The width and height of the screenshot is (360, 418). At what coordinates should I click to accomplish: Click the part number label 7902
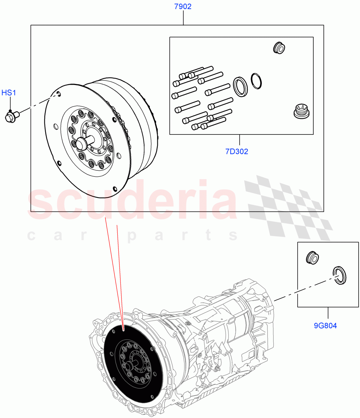coord(183,7)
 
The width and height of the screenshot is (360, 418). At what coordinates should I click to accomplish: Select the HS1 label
coord(9,93)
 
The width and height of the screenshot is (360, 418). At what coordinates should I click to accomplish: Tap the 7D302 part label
coord(237,152)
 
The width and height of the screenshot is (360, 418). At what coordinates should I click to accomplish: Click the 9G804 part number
coord(326,326)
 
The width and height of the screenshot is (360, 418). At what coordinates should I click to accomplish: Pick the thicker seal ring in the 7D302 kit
coord(240,86)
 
